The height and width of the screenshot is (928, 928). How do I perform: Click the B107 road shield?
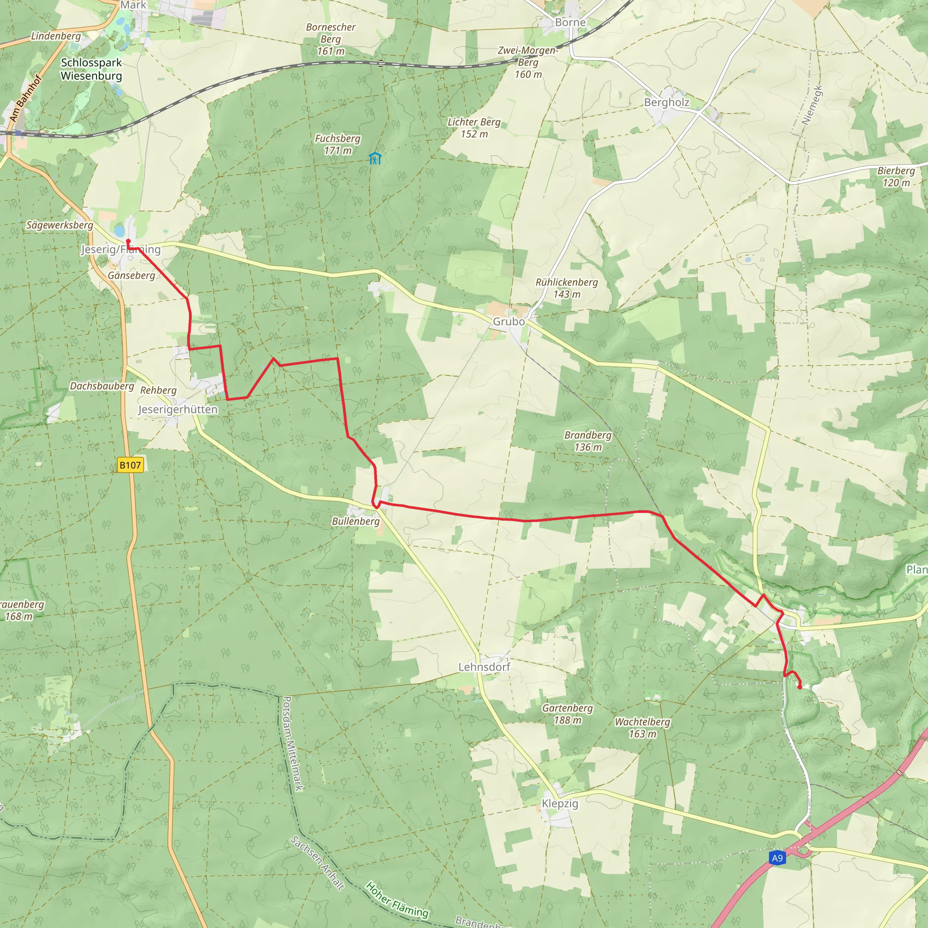130,465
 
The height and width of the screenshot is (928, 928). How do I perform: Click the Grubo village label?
509,321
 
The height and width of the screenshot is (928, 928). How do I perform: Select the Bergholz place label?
666,102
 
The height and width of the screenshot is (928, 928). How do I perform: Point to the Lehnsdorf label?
484,667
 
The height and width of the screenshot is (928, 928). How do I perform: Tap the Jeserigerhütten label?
178,409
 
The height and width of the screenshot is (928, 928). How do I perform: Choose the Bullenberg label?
355,521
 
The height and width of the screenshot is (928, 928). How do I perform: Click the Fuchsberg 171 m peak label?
337,144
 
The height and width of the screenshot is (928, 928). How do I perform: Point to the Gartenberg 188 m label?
567,714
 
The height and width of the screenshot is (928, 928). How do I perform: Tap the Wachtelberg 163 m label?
642,728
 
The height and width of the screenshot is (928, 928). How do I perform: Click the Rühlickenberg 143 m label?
567,288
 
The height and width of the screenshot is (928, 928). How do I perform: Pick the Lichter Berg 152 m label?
474,128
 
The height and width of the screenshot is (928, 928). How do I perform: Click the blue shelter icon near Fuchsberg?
375,158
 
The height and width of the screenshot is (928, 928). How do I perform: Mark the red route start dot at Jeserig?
128,242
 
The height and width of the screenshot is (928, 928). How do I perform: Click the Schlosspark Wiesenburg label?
91,69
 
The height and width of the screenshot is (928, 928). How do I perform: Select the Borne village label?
570,22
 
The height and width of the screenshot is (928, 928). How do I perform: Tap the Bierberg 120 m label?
896,176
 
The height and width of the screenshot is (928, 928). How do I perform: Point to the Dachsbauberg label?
102,386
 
